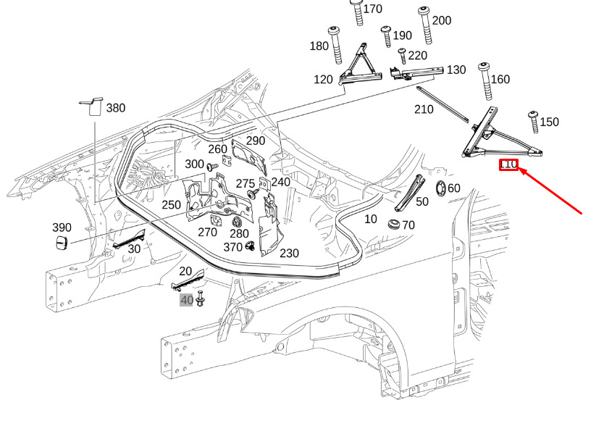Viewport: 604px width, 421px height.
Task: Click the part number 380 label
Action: click(115, 108)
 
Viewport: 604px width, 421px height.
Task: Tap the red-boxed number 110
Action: click(508, 164)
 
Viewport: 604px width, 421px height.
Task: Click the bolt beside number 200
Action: click(424, 21)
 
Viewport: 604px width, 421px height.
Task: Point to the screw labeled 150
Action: click(534, 121)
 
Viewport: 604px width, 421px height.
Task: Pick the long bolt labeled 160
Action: click(484, 81)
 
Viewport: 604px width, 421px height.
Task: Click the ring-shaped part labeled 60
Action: click(440, 189)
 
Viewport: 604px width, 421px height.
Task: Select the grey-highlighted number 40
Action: click(186, 300)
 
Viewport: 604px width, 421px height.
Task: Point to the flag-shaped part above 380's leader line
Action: click(92, 105)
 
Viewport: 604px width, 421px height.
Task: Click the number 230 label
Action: click(289, 253)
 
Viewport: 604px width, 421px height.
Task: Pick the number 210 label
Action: click(423, 109)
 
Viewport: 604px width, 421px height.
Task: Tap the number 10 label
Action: click(370, 218)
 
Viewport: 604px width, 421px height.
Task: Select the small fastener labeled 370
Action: click(249, 246)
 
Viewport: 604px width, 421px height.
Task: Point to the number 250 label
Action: click(171, 205)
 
